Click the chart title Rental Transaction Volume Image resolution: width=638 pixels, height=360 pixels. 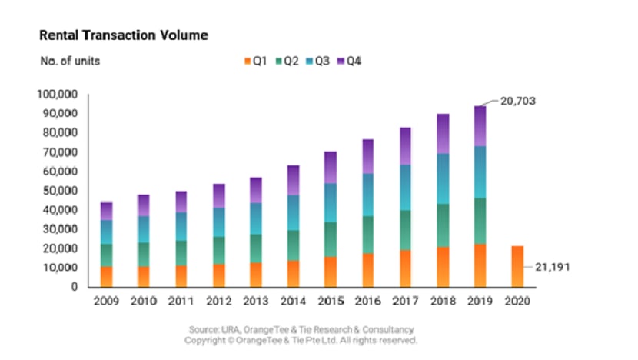click(123, 35)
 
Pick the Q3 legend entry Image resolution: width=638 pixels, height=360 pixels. click(321, 61)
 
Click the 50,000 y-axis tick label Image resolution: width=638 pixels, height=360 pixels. click(58, 190)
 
